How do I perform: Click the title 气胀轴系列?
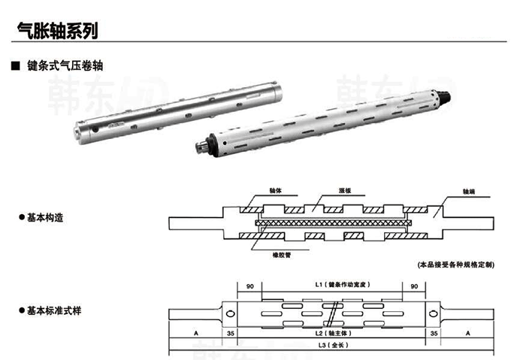coord(57,31)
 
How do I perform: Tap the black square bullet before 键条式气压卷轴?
coord(14,66)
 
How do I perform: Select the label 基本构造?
coord(44,218)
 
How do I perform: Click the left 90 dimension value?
coord(249,286)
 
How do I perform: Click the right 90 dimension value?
coord(413,286)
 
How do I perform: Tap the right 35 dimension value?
coord(434,331)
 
